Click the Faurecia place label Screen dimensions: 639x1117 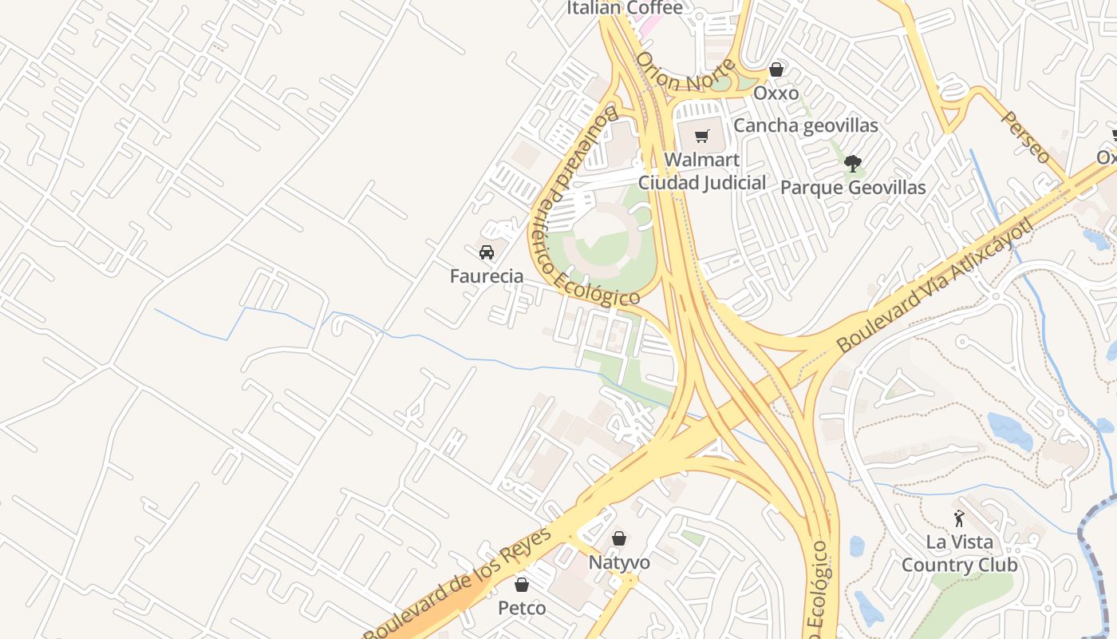pyautogui.click(x=487, y=276)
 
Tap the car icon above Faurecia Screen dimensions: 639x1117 pyautogui.click(x=486, y=252)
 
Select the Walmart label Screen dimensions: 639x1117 pyautogui.click(x=701, y=160)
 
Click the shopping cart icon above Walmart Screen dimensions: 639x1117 pyautogui.click(x=701, y=137)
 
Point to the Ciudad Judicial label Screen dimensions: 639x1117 pyautogui.click(x=702, y=183)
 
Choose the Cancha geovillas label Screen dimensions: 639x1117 pyautogui.click(x=805, y=125)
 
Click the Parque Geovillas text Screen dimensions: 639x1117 pyautogui.click(x=853, y=188)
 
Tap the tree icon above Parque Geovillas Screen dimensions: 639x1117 pyautogui.click(x=853, y=164)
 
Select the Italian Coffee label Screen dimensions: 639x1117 pyautogui.click(x=625, y=8)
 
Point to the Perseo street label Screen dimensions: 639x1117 pyautogui.click(x=1026, y=137)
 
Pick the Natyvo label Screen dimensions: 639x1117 pyautogui.click(x=619, y=562)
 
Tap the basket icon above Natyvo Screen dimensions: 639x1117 pyautogui.click(x=619, y=538)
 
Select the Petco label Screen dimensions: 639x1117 pyautogui.click(x=522, y=608)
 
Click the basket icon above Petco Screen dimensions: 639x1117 pyautogui.click(x=522, y=585)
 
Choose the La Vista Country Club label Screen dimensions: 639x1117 pyautogui.click(x=959, y=554)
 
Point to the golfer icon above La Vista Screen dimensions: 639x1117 pyautogui.click(x=959, y=518)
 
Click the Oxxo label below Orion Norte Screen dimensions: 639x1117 pyautogui.click(x=776, y=93)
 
